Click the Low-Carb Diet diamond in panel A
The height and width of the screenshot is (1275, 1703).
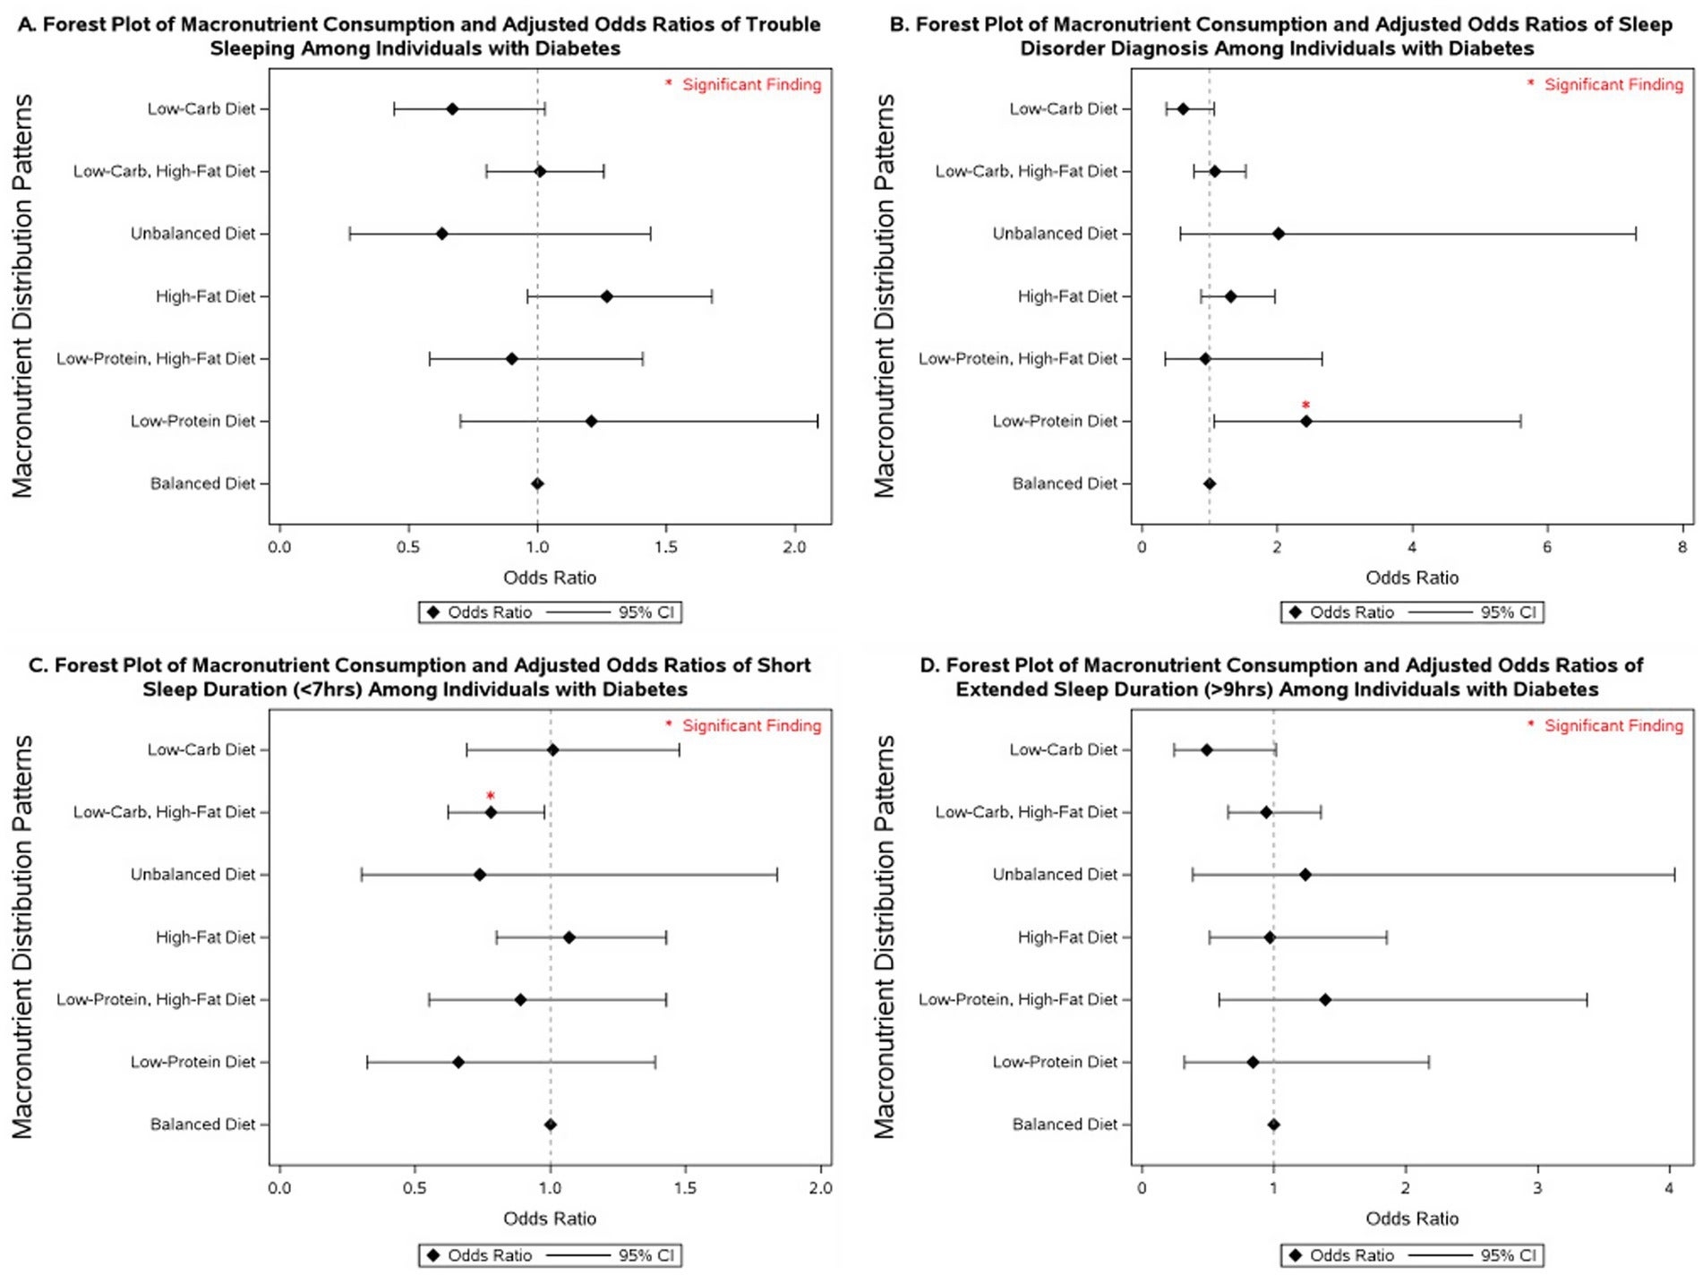[452, 109]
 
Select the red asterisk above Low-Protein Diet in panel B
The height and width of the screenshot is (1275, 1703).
[1305, 406]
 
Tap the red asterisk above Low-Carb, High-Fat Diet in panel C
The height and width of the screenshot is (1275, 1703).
[490, 796]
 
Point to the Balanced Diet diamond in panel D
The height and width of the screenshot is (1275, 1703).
[1273, 1125]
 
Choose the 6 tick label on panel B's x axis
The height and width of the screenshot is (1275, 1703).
[1547, 547]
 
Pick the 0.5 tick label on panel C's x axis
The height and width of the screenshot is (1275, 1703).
[415, 1188]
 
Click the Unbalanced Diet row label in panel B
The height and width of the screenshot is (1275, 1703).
[1055, 234]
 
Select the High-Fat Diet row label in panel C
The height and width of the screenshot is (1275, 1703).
[205, 937]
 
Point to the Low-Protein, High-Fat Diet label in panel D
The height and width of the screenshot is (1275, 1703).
[1018, 999]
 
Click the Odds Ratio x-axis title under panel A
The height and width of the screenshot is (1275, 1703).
[549, 578]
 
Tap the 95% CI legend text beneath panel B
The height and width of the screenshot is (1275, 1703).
[1508, 612]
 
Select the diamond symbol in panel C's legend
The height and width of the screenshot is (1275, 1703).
[433, 1255]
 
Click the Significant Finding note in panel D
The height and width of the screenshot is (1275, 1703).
[1613, 725]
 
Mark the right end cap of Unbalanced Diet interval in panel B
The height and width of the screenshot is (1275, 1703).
[1636, 234]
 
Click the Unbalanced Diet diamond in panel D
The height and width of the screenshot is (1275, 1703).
[1305, 875]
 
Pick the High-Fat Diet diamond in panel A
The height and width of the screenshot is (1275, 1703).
[606, 296]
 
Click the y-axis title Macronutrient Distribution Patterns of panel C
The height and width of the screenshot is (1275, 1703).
[22, 937]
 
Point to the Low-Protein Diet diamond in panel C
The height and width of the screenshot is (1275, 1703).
[458, 1062]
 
